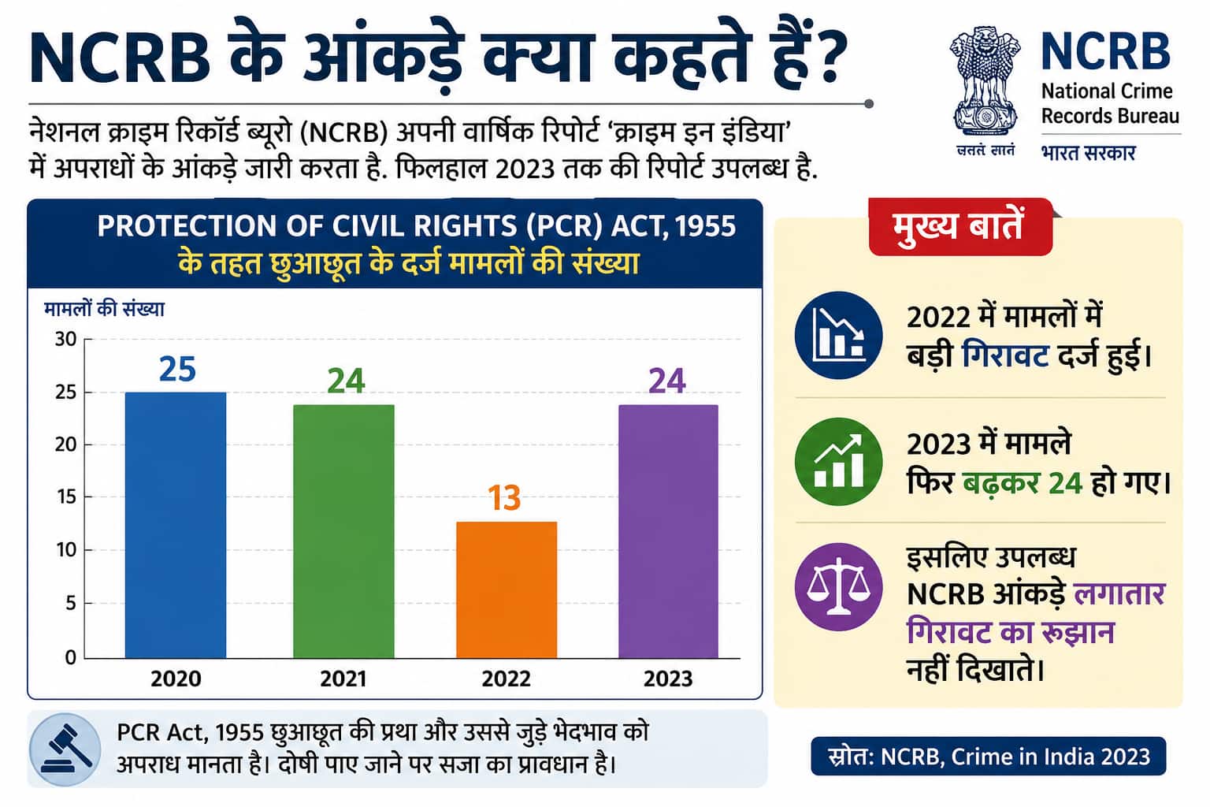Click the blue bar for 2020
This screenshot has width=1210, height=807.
coord(176,525)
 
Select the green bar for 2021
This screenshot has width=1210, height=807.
coord(343,531)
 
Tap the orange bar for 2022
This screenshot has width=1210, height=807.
coord(507,589)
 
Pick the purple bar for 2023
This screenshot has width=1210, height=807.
coord(668,531)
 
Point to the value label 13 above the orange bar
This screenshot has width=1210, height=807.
coord(504,498)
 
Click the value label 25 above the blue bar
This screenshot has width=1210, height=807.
coord(177,370)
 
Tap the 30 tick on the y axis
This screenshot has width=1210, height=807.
coord(66,340)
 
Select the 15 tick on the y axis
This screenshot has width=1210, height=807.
coord(67,496)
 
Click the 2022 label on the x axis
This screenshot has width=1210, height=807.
coord(507,679)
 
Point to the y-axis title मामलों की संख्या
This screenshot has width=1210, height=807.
coord(104,309)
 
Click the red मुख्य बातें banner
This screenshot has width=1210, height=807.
coord(960,226)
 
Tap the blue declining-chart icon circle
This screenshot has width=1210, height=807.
coord(838,335)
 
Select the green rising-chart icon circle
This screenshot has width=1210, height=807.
coord(838,462)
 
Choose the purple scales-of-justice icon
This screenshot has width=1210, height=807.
coord(838,587)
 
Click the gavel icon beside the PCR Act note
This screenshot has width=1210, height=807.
coord(65,749)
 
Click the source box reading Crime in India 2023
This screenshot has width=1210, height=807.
coord(989,757)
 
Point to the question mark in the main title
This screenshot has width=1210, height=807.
coord(826,58)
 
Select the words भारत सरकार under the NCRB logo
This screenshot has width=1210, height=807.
coord(1088,153)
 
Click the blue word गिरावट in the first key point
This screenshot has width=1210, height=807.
coord(1005,355)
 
